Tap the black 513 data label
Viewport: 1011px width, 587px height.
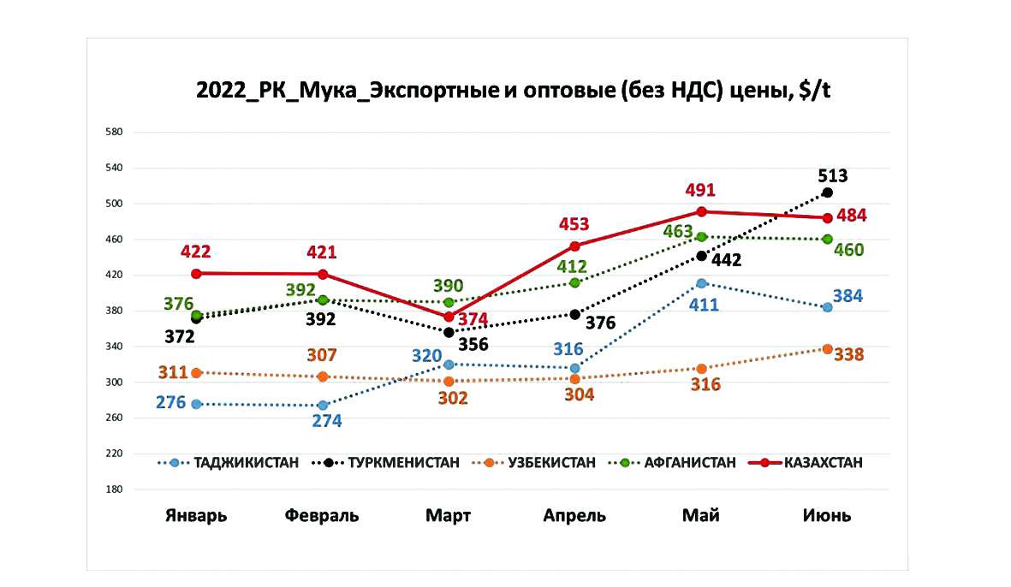point(832,176)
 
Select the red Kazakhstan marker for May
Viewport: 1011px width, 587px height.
point(701,211)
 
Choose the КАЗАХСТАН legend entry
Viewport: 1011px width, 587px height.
point(822,463)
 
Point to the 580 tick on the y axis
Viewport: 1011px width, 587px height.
point(115,133)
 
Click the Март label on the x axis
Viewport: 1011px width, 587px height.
point(449,515)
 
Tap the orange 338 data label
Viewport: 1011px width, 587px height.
point(851,354)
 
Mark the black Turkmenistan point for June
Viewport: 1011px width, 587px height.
point(828,193)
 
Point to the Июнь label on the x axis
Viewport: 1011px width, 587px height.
point(827,515)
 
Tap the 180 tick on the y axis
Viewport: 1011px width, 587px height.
point(115,489)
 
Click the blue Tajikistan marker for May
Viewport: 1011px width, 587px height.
point(701,283)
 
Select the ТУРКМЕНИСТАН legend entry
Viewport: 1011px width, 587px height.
point(402,463)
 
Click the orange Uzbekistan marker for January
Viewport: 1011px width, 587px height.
point(197,372)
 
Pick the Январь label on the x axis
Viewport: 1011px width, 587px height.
point(196,515)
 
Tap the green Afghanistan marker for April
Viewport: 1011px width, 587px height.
point(575,282)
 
